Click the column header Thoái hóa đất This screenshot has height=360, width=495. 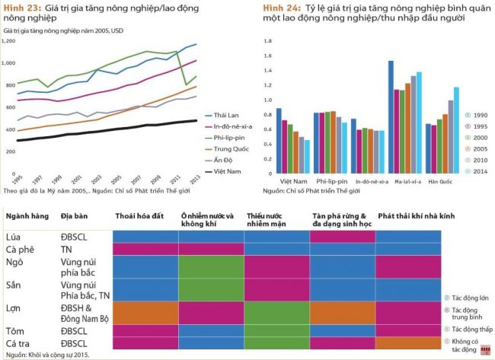(141, 216)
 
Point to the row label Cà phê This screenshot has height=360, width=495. (20, 248)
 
